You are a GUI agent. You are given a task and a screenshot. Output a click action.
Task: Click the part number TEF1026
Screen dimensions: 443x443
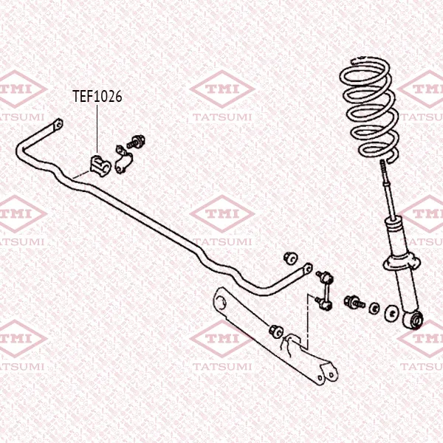tap(97, 96)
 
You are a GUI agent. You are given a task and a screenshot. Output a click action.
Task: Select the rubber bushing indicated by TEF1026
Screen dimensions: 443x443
tap(100, 165)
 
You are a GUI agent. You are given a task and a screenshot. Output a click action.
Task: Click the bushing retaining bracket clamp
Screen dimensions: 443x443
tap(123, 159)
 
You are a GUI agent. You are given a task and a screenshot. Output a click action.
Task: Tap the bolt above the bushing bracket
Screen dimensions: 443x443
tap(136, 142)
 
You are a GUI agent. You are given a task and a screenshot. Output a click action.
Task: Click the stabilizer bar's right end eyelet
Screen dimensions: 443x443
tap(308, 268)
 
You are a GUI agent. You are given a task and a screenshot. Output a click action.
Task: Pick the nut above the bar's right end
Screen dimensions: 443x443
tap(291, 258)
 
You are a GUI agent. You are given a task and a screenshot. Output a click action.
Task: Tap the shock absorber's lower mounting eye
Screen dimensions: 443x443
tap(413, 320)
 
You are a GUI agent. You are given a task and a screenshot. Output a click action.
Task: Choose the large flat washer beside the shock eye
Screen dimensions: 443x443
tap(392, 313)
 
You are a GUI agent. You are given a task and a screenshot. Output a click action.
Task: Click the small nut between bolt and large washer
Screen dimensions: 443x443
tap(374, 308)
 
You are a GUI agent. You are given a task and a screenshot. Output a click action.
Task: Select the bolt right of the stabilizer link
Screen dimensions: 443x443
tap(354, 302)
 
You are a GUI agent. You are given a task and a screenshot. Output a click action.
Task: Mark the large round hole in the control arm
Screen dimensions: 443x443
tap(221, 302)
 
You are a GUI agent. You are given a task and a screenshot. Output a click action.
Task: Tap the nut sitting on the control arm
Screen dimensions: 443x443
tap(275, 331)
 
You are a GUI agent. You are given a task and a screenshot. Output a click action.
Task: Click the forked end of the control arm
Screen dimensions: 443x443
tap(328, 373)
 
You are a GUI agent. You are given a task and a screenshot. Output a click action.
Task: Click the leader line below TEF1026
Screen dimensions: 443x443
tap(97, 128)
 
